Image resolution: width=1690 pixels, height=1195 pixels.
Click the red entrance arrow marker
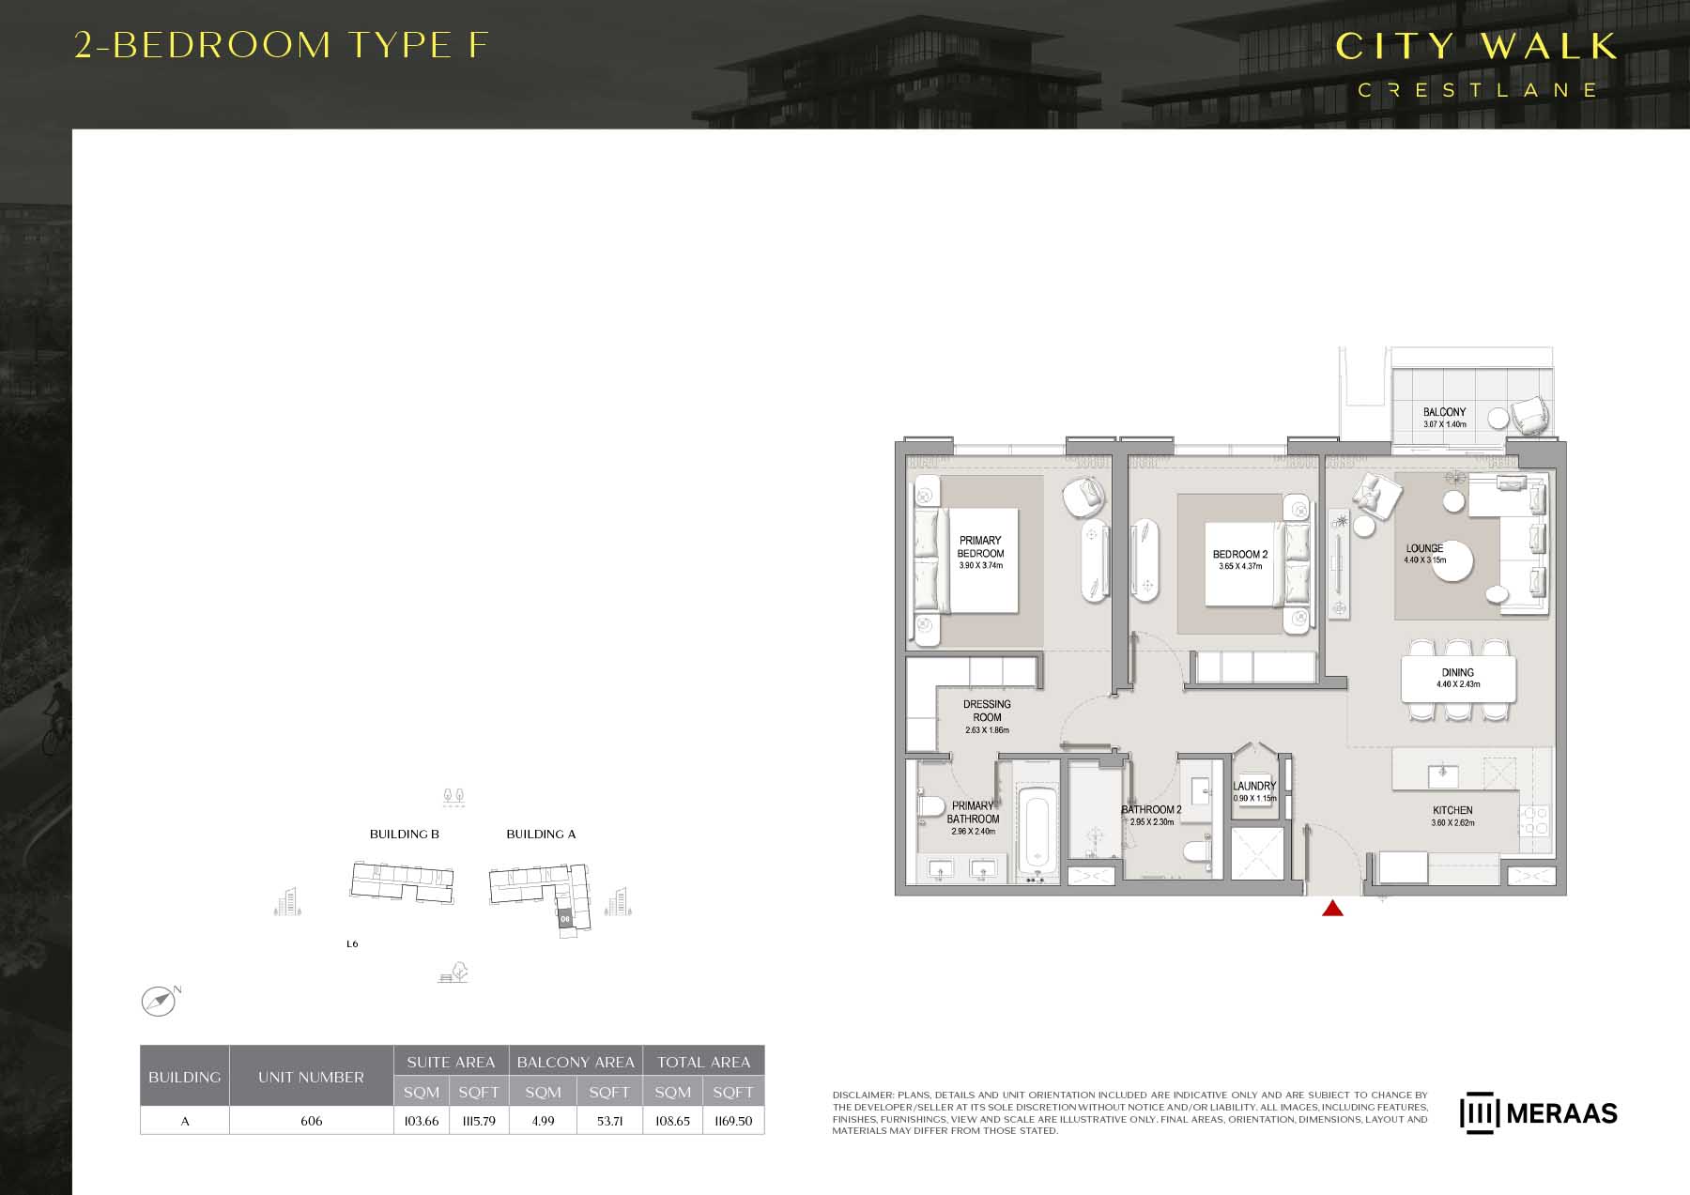pos(1332,908)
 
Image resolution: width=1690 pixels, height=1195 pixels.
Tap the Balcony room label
pos(1444,412)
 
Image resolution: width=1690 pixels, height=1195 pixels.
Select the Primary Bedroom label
pos(980,547)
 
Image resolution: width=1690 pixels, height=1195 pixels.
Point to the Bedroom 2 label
pos(1240,555)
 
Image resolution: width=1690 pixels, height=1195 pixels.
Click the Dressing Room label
pos(987,711)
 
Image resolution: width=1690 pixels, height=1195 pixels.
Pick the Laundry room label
pos(1254,786)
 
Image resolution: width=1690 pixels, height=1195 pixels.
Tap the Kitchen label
pos(1452,810)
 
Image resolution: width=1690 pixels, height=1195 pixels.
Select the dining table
pos(1458,679)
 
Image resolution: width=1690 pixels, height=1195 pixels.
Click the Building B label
pos(404,834)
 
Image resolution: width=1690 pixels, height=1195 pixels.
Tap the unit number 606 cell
pos(311,1121)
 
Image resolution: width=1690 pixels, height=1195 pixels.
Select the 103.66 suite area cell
pos(422,1121)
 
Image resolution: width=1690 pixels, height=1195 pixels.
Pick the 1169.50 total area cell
pos(733,1121)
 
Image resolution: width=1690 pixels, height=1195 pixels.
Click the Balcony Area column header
pos(576,1062)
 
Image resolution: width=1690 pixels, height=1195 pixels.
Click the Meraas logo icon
pos(1478,1112)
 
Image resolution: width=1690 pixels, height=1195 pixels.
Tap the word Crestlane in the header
pos(1477,90)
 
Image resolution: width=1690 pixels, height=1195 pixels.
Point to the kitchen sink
pos(1442,775)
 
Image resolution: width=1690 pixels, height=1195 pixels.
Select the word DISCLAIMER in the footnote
pos(863,1095)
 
